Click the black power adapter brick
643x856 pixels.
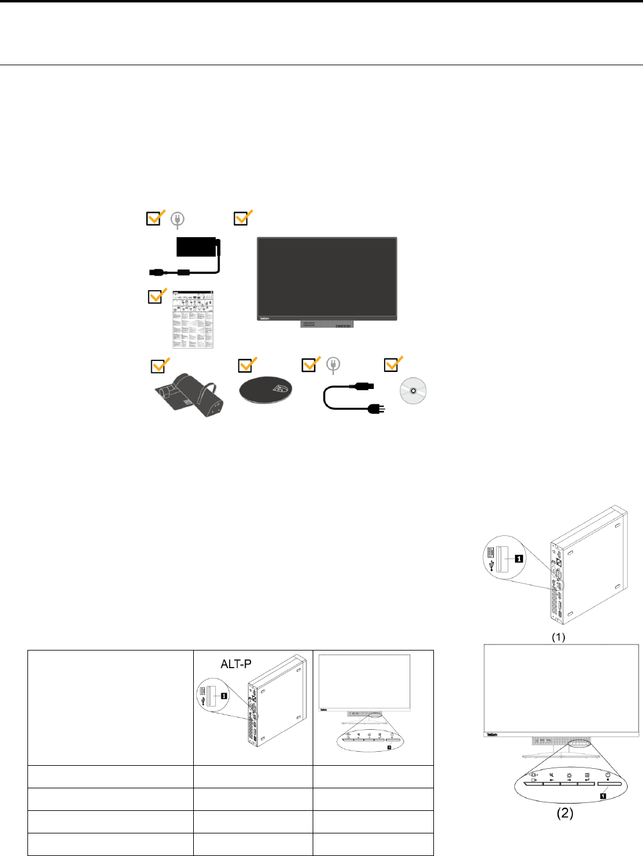pos(196,247)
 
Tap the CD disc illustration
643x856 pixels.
pos(413,391)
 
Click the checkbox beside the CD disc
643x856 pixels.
pos(392,365)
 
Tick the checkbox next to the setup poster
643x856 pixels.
pos(157,296)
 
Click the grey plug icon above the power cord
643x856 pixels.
pos(333,365)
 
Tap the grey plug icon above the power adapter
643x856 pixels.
pos(177,219)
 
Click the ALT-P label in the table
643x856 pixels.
pos(236,664)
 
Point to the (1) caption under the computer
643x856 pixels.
pos(558,637)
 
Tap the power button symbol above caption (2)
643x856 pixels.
pos(608,775)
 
